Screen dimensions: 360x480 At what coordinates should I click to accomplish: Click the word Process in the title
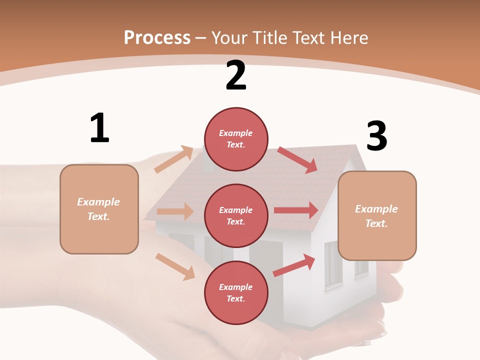click(x=157, y=37)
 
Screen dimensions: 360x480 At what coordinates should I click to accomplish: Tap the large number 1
click(x=99, y=128)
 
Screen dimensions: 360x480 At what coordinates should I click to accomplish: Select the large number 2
click(x=236, y=75)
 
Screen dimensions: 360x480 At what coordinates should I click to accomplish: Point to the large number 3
click(x=376, y=136)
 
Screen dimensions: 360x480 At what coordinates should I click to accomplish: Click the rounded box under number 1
click(x=99, y=209)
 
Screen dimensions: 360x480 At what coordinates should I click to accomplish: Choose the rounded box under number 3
click(x=377, y=215)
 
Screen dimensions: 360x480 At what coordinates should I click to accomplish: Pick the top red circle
click(x=236, y=139)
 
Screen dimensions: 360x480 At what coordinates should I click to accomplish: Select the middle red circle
click(x=236, y=216)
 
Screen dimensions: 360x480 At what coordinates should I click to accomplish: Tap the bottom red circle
click(x=236, y=293)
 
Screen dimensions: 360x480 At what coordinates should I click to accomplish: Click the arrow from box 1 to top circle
click(x=174, y=159)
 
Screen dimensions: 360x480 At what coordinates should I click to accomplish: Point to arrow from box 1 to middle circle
click(x=175, y=211)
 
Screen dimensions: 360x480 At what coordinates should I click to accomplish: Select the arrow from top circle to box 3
click(x=297, y=160)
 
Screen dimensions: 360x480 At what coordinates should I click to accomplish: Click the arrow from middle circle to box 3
click(x=296, y=210)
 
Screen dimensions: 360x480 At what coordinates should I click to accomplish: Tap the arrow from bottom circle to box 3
click(x=294, y=265)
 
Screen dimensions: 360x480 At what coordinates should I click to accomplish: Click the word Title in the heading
click(x=270, y=37)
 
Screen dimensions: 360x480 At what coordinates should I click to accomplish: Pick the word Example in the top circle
click(x=236, y=133)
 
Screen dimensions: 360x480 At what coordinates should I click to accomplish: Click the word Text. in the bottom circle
click(x=236, y=298)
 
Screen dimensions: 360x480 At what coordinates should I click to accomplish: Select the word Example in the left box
click(x=98, y=202)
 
